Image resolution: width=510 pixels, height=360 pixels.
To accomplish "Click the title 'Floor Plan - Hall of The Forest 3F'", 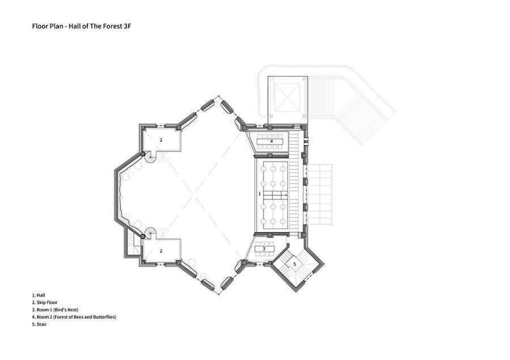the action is (81, 27).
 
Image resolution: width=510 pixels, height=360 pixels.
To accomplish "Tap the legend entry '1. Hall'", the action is (39, 295).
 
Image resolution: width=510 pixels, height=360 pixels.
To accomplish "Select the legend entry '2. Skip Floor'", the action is (45, 302).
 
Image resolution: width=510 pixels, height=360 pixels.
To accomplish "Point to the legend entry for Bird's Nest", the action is (55, 310).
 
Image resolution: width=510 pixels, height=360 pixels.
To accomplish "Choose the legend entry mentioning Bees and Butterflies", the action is (74, 317).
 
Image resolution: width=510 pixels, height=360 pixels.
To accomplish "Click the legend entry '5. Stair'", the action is (39, 324).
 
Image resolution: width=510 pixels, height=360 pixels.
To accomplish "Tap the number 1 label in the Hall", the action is (260, 194).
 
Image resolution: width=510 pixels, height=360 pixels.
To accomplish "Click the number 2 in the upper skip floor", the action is (161, 140).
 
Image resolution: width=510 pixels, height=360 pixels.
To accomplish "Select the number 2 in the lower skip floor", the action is (161, 251).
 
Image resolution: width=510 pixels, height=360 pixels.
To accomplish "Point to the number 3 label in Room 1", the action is (264, 249).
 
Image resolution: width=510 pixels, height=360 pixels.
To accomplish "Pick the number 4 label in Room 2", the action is (271, 141).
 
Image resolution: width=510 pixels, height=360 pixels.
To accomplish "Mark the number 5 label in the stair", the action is (295, 264).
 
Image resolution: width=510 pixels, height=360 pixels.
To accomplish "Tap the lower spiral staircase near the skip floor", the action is (150, 233).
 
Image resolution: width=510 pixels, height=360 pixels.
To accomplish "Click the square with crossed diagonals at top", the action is (287, 98).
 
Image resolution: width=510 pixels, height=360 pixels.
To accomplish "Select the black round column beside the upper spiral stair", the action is (142, 154).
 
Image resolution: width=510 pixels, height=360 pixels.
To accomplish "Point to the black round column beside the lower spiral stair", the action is (142, 236).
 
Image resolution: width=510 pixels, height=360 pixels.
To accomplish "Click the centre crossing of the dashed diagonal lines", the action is (195, 195).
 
